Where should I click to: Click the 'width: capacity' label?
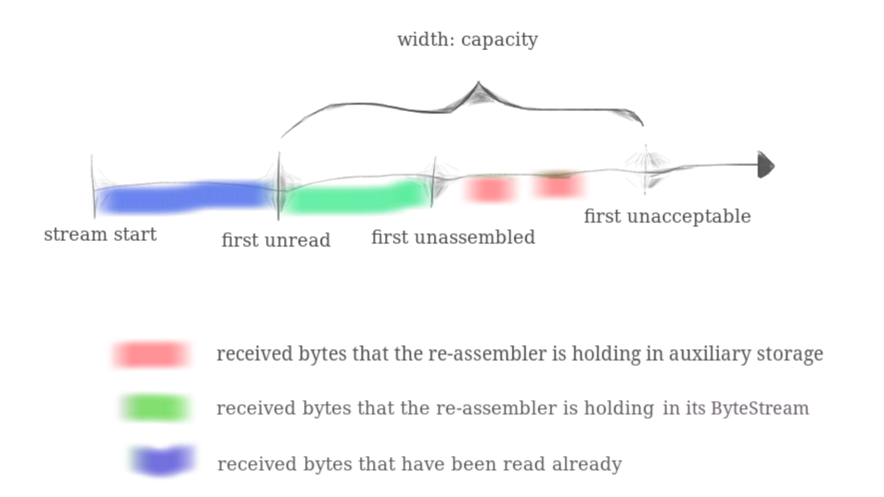point(467,40)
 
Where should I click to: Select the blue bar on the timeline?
point(184,198)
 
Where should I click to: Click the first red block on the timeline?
point(490,189)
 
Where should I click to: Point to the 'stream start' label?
point(100,234)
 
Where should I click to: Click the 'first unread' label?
point(276,240)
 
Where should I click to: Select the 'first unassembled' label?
point(453,238)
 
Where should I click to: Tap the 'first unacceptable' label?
point(667,216)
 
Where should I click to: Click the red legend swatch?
point(151,355)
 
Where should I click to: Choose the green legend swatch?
point(155,408)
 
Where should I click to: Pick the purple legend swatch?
point(163,461)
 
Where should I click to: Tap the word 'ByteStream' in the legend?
point(759,408)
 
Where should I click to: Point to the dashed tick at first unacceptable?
point(646,169)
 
